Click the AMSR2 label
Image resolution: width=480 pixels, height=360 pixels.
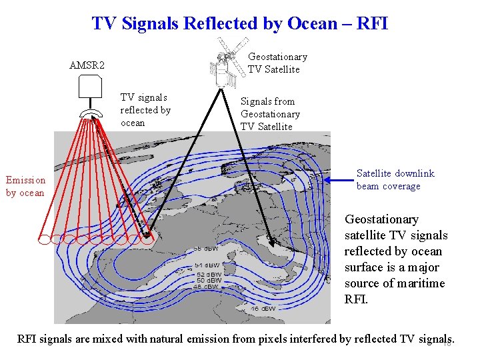point(87,65)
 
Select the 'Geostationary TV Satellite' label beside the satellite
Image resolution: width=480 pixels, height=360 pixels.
point(277,63)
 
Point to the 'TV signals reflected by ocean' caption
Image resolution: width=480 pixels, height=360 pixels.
point(145,110)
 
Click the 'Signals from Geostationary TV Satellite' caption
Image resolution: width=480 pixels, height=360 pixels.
point(270,114)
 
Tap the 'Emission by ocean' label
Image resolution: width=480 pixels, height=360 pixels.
point(26,186)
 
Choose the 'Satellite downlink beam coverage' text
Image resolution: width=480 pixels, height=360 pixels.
point(395,179)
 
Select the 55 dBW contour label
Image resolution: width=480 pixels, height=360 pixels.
point(207,249)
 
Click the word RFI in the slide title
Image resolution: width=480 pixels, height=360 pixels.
point(373,24)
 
